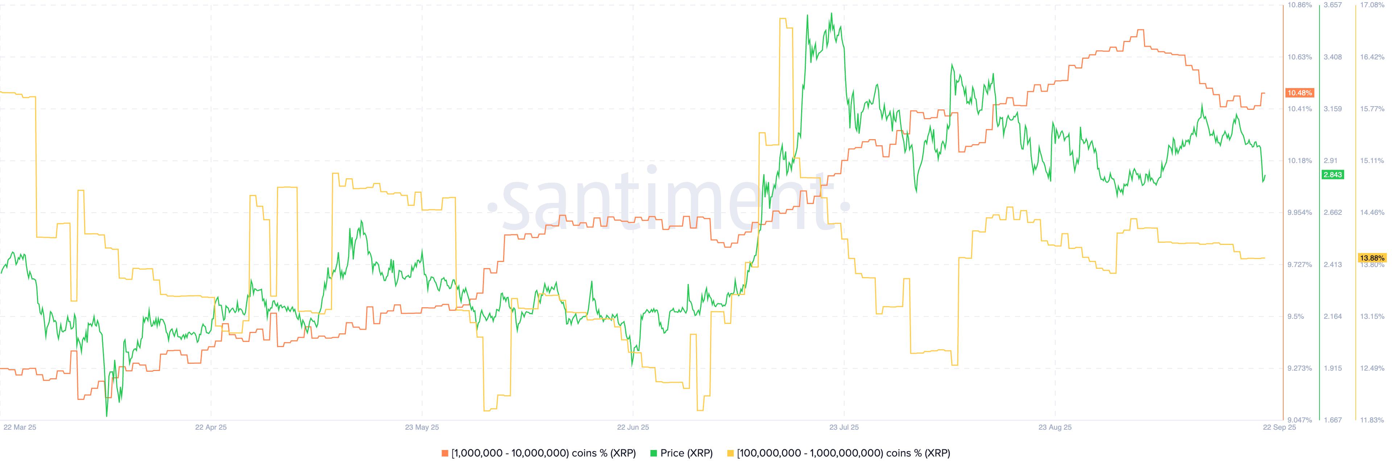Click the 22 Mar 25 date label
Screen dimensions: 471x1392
20,427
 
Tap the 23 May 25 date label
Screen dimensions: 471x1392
422,427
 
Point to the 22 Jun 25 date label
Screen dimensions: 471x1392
633,427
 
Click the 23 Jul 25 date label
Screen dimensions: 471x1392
844,427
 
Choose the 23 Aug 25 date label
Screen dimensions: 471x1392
1055,427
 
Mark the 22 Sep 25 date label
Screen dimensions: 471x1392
1279,427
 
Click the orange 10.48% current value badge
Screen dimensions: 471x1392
1299,93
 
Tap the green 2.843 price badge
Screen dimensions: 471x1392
1332,175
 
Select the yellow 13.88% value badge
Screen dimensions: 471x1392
1372,258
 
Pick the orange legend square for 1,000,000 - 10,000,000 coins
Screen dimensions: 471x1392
445,453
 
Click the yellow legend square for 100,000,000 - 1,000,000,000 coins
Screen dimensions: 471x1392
730,453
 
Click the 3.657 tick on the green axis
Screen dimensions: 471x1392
1332,5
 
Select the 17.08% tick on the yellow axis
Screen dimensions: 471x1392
1372,5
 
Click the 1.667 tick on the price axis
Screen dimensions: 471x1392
1332,420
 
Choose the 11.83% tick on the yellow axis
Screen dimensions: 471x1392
1372,420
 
